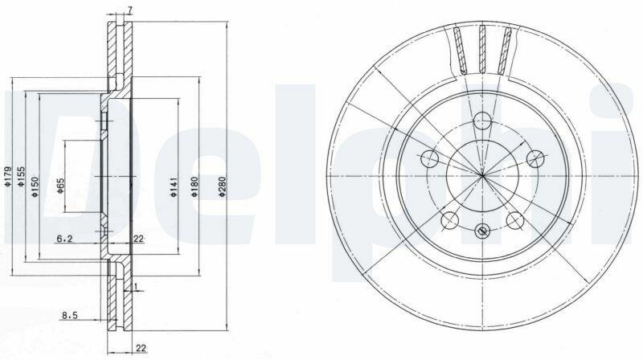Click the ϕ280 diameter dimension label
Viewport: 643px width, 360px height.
tap(222, 187)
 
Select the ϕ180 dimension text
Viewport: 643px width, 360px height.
tap(195, 187)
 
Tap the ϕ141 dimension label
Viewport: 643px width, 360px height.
tap(174, 187)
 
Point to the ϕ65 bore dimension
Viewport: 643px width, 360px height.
tap(60, 186)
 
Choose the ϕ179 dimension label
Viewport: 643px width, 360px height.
tap(7, 177)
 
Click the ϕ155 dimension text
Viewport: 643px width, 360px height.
tap(21, 177)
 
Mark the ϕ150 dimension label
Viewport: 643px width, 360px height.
tap(35, 187)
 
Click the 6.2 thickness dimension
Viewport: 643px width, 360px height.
tap(64, 239)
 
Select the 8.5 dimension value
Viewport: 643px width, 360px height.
tap(70, 315)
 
